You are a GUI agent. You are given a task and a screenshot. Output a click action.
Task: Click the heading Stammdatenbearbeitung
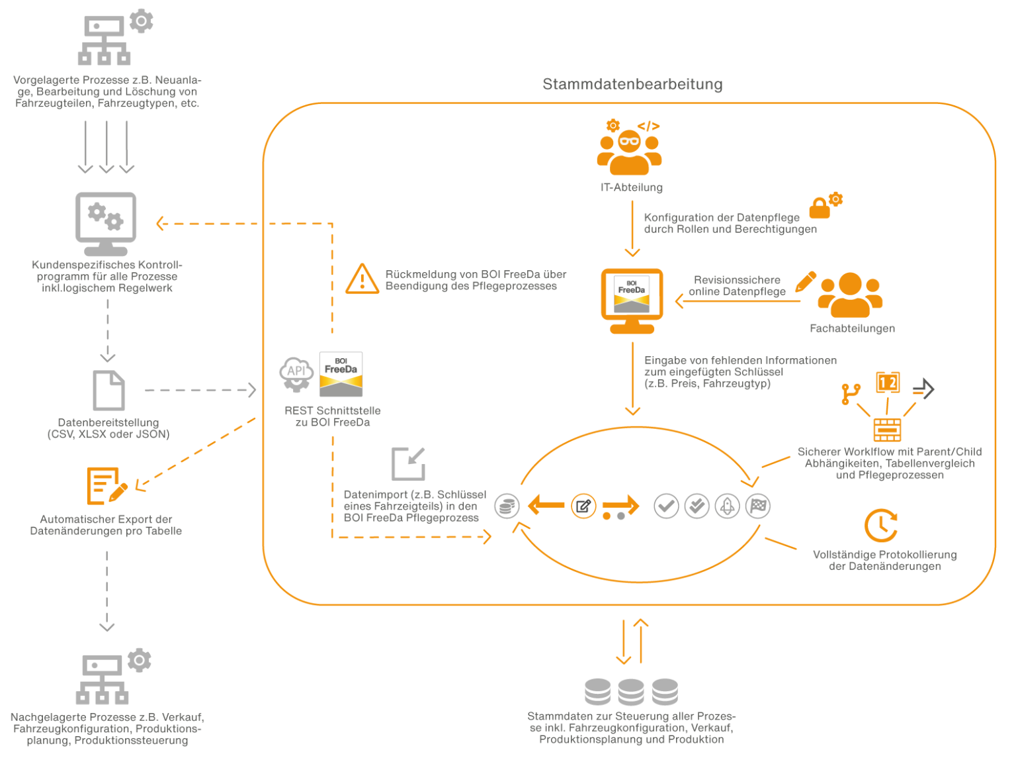click(x=632, y=84)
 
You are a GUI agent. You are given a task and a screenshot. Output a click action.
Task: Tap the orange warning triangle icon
click(x=362, y=279)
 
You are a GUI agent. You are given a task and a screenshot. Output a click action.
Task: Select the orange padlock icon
click(x=820, y=208)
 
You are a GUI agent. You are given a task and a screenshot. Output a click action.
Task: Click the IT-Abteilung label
click(x=631, y=187)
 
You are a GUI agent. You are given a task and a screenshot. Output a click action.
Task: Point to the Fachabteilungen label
click(x=852, y=328)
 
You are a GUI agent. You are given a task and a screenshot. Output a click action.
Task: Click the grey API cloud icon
click(x=296, y=373)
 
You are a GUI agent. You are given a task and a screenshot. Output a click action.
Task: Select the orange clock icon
click(x=880, y=526)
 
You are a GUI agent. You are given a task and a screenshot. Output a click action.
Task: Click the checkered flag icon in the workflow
click(x=758, y=506)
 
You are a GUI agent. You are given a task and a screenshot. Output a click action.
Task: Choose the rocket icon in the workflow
click(x=727, y=506)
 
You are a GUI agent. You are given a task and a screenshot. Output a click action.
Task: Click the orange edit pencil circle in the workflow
click(x=583, y=506)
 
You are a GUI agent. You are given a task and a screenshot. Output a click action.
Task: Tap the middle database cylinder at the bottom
click(x=631, y=692)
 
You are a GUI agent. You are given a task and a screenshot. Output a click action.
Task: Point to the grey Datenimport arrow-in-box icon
click(x=408, y=463)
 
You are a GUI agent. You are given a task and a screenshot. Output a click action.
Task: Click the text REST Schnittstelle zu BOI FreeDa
click(x=332, y=416)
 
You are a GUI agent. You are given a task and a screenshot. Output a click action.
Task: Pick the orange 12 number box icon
click(x=888, y=383)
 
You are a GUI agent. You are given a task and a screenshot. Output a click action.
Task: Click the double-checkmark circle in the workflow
click(x=697, y=506)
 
